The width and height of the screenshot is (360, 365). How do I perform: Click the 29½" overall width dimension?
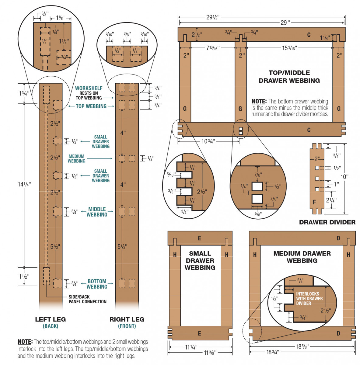click(x=213, y=17)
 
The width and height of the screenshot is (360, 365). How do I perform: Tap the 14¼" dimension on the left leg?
click(x=24, y=184)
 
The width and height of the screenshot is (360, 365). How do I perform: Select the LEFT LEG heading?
click(x=51, y=319)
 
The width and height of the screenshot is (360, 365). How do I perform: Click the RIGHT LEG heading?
click(x=127, y=319)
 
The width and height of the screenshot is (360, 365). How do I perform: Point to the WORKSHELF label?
click(x=89, y=88)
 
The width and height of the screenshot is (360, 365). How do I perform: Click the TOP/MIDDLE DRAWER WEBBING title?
click(x=289, y=77)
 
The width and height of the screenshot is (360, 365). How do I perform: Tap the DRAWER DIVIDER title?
click(x=327, y=222)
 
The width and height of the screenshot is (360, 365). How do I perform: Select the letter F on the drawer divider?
click(x=314, y=202)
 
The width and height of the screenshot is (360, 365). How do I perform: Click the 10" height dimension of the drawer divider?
click(x=344, y=177)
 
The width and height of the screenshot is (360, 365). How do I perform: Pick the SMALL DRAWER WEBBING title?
click(x=200, y=260)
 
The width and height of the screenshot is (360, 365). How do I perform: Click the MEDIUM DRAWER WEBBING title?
click(x=302, y=257)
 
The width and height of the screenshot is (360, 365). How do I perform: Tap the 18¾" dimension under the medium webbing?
click(x=272, y=352)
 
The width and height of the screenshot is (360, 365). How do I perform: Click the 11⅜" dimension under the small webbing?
click(x=210, y=353)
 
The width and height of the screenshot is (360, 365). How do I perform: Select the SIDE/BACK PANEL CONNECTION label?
click(x=88, y=299)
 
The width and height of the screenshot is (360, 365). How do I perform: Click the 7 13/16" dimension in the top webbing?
click(x=213, y=48)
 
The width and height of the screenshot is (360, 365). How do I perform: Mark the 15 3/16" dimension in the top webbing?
click(x=289, y=48)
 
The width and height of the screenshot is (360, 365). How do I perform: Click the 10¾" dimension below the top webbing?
click(x=208, y=141)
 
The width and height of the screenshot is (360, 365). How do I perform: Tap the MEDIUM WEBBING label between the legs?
click(x=76, y=158)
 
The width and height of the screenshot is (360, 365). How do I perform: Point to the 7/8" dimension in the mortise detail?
click(x=258, y=175)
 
